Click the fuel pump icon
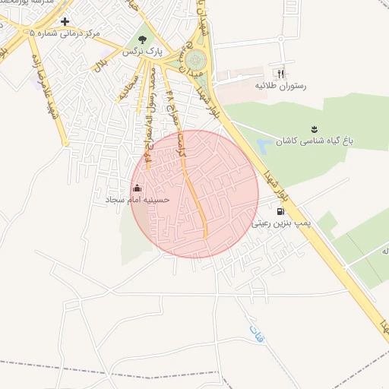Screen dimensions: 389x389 click(x=281, y=211)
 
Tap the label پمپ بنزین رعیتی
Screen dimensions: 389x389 click(x=281, y=224)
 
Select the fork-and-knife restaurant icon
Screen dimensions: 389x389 click(x=281, y=74)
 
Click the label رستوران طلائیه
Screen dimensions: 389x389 click(x=281, y=87)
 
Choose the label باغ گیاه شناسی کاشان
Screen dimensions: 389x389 click(x=310, y=141)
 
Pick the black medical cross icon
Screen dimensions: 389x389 click(x=65, y=22)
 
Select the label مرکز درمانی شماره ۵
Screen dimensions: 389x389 click(x=65, y=34)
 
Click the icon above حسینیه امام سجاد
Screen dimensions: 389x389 click(x=137, y=187)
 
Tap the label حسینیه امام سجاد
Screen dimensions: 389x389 click(x=138, y=200)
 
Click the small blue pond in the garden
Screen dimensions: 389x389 click(x=264, y=145)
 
